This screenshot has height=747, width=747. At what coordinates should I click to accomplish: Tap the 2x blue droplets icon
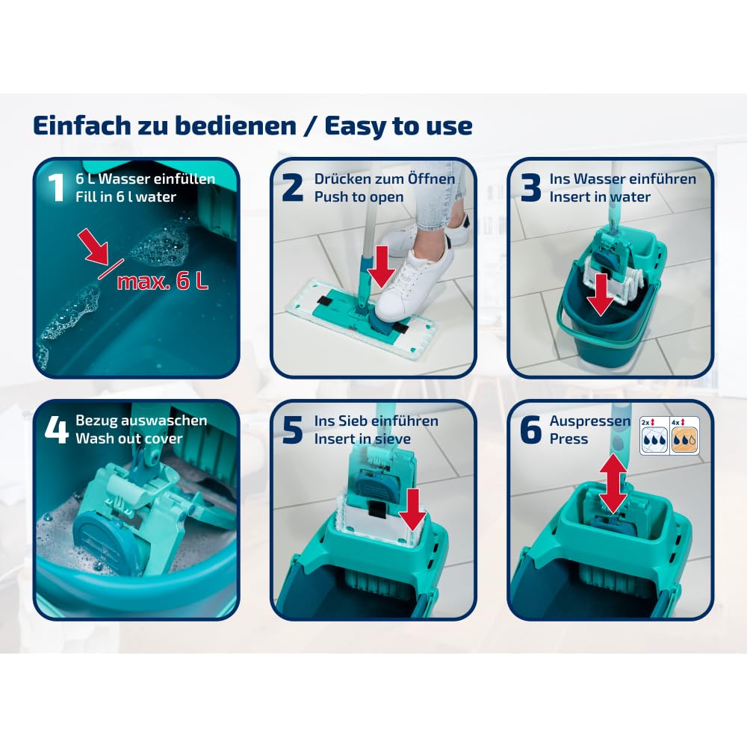tap(654, 436)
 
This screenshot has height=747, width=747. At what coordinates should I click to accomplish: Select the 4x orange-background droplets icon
tap(684, 436)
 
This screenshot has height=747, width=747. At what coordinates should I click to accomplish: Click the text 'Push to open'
tap(359, 197)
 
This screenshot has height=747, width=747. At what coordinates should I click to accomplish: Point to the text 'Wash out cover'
tap(128, 438)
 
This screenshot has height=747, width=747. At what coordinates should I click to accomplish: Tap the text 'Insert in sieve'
tap(362, 438)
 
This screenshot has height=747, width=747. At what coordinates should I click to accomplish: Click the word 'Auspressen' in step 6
tap(590, 421)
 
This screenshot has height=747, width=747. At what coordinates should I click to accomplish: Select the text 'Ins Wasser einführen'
tap(622, 179)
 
